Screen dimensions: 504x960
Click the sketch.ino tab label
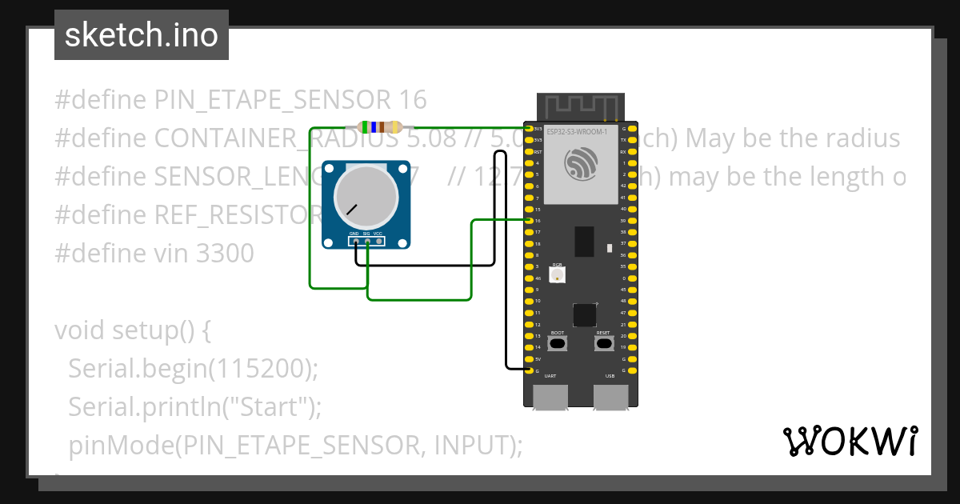click(142, 35)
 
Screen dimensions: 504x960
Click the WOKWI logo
click(850, 441)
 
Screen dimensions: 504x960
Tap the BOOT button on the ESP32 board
click(558, 343)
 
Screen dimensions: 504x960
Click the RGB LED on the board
click(558, 275)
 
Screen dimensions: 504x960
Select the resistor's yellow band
click(366, 127)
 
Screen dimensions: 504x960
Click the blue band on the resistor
click(374, 127)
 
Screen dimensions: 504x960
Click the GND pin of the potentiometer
click(355, 241)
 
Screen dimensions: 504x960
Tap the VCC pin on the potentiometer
click(378, 241)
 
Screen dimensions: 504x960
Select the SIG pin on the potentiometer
click(367, 241)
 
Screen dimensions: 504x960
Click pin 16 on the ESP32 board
click(529, 220)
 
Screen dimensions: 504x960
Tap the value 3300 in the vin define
click(225, 254)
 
